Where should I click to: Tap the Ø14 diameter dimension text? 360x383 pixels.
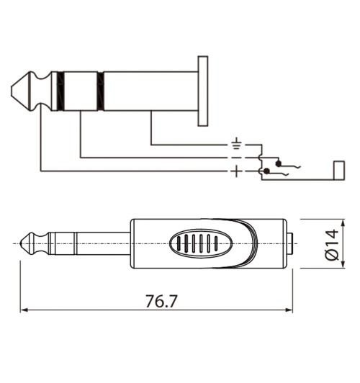[x=332, y=244]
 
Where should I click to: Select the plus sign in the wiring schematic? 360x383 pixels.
[x=236, y=171]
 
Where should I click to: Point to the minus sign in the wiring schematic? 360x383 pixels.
[x=236, y=157]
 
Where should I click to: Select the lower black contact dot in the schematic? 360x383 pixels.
[x=268, y=171]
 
